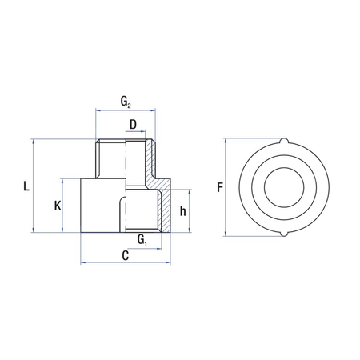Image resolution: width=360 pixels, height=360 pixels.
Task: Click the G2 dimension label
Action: tap(126, 102)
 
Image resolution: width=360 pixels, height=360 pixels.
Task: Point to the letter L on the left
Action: tap(26, 187)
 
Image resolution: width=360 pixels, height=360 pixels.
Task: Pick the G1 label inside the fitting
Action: tap(142, 239)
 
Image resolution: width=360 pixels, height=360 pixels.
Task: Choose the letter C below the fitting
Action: tap(125, 255)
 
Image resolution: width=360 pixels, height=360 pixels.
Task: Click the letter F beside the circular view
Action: tap(220, 188)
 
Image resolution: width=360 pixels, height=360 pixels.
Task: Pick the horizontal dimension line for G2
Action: tap(125, 110)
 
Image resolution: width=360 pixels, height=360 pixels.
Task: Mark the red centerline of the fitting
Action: tap(125, 184)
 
